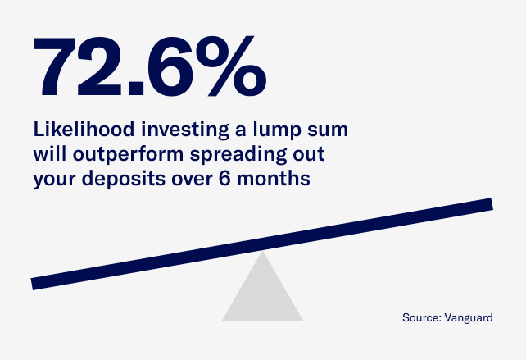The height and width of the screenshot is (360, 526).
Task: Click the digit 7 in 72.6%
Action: click(57, 66)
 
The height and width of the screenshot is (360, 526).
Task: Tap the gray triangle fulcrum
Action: click(262, 295)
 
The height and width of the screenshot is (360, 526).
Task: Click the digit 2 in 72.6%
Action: click(103, 66)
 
